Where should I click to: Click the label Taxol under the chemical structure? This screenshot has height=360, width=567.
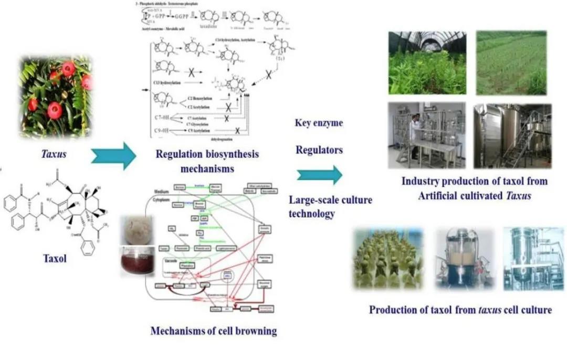(55, 258)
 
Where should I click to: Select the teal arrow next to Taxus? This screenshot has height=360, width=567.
(113, 155)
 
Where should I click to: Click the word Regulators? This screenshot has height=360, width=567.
(319, 150)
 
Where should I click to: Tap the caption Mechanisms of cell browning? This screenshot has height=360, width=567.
(214, 331)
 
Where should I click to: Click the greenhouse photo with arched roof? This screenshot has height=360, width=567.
(427, 63)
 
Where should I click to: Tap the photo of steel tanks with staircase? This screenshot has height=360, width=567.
(512, 135)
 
